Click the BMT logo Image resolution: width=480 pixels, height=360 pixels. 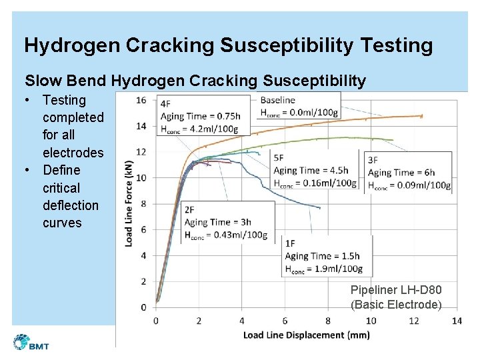coord(31,343)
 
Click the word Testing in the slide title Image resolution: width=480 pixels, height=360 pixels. coord(395,45)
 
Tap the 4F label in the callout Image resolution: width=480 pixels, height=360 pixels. coord(165,103)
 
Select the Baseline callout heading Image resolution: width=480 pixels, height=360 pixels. coord(277,100)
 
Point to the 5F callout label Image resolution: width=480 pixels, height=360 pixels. coord(279,158)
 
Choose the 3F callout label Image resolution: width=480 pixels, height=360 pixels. coord(373,160)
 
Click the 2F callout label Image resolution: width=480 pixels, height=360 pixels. coord(189,210)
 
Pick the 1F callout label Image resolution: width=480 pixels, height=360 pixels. coord(291,243)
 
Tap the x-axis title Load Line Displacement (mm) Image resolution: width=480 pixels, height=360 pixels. coord(306,335)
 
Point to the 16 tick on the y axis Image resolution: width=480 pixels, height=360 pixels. coord(141,100)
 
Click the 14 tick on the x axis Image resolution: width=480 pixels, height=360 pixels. coord(457,321)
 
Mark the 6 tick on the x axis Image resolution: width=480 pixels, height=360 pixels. coord(285,321)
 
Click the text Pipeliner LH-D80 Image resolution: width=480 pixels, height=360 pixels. coord(396,290)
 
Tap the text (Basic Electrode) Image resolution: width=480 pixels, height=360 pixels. coord(396,305)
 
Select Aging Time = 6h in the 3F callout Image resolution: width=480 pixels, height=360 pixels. coord(401,173)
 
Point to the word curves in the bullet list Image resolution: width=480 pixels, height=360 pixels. coord(62,223)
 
